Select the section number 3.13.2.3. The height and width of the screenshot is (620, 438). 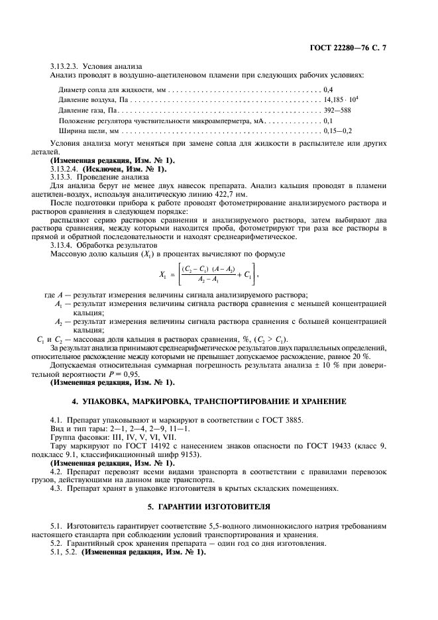[x=64, y=66]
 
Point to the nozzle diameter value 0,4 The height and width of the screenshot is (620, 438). [x=327, y=88]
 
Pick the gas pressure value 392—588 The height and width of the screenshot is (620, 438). [x=337, y=110]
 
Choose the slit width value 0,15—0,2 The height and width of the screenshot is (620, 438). [x=337, y=132]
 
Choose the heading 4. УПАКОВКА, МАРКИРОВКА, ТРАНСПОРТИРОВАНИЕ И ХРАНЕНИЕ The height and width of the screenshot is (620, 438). [x=218, y=402]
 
